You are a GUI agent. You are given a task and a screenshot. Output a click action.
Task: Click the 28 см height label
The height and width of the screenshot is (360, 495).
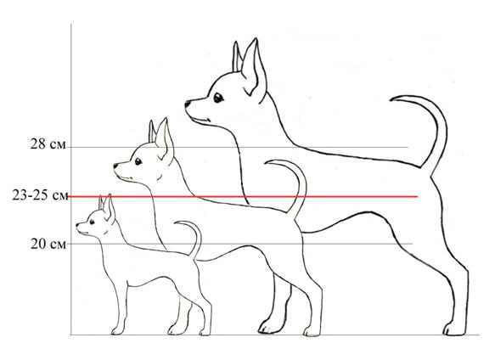[x=48, y=144]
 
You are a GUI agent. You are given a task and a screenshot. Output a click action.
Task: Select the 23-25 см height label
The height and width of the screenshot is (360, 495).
[x=40, y=195]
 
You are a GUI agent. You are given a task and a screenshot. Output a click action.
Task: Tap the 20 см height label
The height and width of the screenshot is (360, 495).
[x=48, y=244]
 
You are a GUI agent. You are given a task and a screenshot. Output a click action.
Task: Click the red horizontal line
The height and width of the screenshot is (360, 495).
[x=243, y=197]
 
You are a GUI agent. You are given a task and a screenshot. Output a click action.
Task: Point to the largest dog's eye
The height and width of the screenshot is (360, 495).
[x=218, y=98]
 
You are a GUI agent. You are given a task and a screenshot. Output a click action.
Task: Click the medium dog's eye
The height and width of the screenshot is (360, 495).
[x=138, y=161]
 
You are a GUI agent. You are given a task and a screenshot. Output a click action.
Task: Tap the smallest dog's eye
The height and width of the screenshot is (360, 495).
[x=92, y=222]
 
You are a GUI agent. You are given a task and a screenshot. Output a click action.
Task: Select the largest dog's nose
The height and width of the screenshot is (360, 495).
[x=187, y=104]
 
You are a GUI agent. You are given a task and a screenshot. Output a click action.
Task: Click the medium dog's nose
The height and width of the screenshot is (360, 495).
[x=115, y=166]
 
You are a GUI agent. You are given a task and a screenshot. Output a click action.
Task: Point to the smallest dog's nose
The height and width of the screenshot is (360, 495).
[x=77, y=224]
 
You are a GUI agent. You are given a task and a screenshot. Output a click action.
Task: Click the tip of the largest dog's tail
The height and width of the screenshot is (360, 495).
[x=391, y=100]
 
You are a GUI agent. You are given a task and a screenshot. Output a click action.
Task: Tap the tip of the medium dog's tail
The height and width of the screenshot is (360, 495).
[x=266, y=163]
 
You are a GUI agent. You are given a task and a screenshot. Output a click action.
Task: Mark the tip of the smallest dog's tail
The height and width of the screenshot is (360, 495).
[x=176, y=223]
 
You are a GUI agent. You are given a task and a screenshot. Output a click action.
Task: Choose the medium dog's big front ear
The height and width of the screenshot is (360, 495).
[x=165, y=140]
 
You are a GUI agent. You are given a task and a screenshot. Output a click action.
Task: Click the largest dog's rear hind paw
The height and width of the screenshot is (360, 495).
[x=453, y=329]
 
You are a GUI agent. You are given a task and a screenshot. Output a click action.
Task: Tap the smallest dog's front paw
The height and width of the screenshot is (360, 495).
[x=117, y=330]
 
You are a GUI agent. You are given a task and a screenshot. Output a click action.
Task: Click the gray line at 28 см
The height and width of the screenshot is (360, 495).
[x=238, y=147]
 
